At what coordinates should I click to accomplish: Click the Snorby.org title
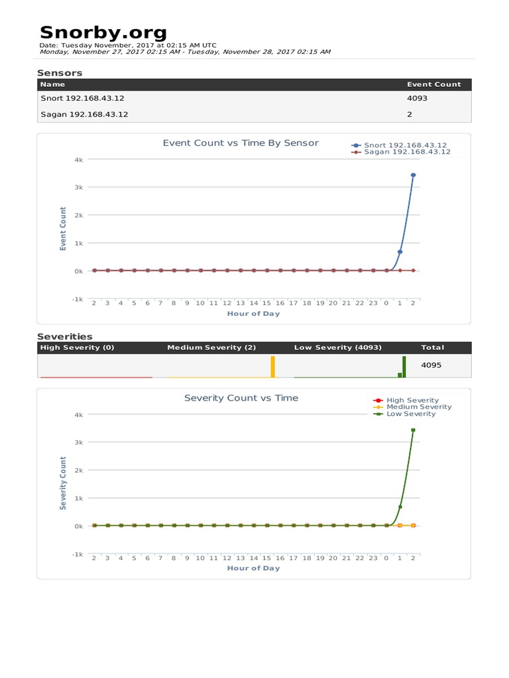pyautogui.click(x=103, y=32)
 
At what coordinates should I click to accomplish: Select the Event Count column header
pyautogui.click(x=433, y=84)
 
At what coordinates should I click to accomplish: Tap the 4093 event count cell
pyautogui.click(x=417, y=98)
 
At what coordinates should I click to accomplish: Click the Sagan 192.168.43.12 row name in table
pyautogui.click(x=84, y=114)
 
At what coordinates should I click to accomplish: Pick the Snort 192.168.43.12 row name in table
pyautogui.click(x=82, y=98)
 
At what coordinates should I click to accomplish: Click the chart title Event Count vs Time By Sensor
pyautogui.click(x=241, y=143)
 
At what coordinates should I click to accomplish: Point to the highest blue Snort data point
pyautogui.click(x=413, y=175)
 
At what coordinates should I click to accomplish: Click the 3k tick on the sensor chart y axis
pyautogui.click(x=78, y=187)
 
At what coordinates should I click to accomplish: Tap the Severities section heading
pyautogui.click(x=65, y=336)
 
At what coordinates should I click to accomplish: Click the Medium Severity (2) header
pyautogui.click(x=211, y=348)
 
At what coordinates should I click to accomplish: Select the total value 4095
pyautogui.click(x=431, y=364)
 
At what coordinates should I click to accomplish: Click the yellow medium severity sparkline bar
pyautogui.click(x=272, y=367)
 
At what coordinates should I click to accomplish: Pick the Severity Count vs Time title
pyautogui.click(x=241, y=398)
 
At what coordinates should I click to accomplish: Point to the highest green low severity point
pyautogui.click(x=413, y=430)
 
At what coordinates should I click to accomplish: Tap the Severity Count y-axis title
pyautogui.click(x=64, y=483)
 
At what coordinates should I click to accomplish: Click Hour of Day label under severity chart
pyautogui.click(x=253, y=568)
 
